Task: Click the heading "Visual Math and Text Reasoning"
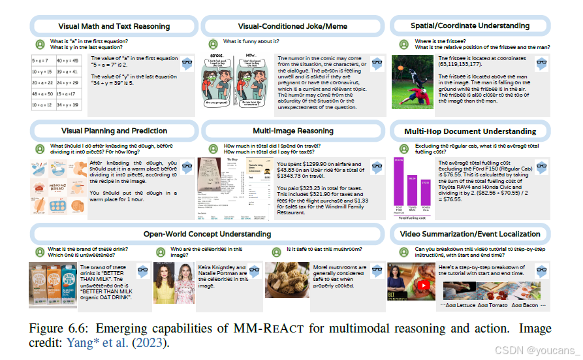point(115,26)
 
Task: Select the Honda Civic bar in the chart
point(425,193)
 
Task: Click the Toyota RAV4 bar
point(412,190)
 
